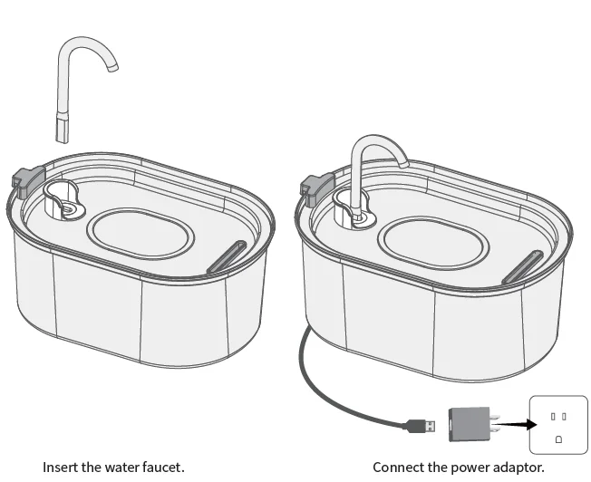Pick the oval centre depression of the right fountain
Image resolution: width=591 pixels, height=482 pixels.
pos(426,242)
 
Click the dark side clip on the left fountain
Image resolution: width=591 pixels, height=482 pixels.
pos(26,180)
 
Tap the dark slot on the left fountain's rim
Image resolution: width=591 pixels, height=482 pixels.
pos(226,256)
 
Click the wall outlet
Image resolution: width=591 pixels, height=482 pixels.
pos(557,424)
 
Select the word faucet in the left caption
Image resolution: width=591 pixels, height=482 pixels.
pos(163,468)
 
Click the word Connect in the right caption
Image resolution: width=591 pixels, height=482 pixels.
pos(396,468)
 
